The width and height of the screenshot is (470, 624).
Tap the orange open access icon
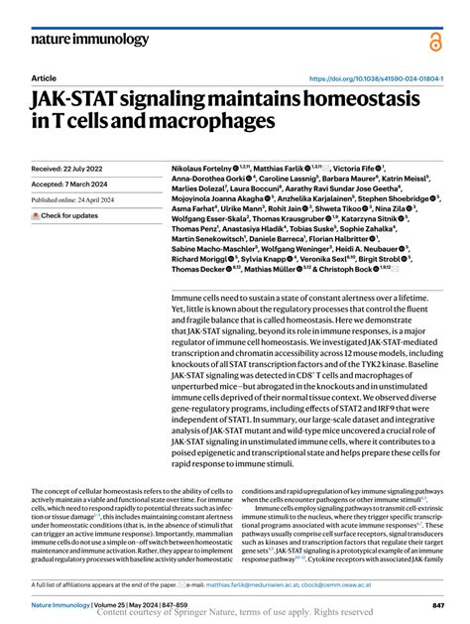tap(433, 41)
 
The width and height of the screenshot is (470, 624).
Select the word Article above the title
tap(44, 77)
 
